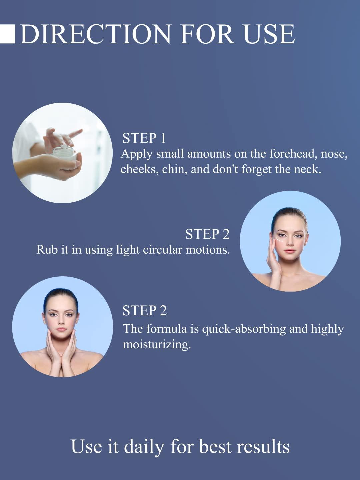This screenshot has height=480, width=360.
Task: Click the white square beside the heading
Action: (7, 34)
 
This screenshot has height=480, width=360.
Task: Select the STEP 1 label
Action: (144, 138)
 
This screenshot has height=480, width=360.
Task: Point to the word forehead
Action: (293, 154)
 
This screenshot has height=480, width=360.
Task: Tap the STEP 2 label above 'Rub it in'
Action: (207, 234)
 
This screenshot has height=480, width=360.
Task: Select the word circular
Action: (162, 250)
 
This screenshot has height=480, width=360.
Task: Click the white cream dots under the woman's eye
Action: (280, 240)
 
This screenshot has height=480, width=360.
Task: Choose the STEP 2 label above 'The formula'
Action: (144, 311)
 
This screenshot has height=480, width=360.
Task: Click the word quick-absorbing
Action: (244, 329)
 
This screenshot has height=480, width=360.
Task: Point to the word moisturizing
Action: (157, 344)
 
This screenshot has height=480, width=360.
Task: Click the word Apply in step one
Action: (136, 154)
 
